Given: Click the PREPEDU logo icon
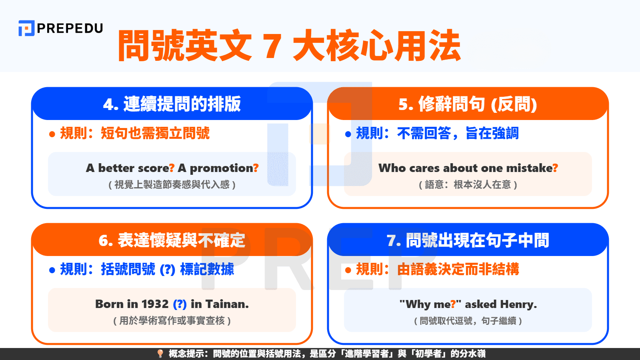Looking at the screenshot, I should pyautogui.click(x=26, y=28).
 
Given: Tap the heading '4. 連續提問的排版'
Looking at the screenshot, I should pyautogui.click(x=172, y=104).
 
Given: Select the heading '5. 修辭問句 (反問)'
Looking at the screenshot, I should pyautogui.click(x=468, y=104).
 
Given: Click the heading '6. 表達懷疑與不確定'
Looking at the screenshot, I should pyautogui.click(x=172, y=240).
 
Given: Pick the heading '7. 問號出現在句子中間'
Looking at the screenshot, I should pyautogui.click(x=468, y=240).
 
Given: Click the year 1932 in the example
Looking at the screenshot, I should pyautogui.click(x=155, y=304).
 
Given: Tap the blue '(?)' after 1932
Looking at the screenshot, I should pyautogui.click(x=180, y=304).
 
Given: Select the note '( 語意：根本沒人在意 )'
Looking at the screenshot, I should pyautogui.click(x=468, y=185).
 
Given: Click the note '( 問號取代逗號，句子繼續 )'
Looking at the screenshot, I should pyautogui.click(x=468, y=321).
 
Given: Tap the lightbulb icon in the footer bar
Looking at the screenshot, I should pyautogui.click(x=160, y=354).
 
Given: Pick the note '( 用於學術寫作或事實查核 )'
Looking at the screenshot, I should pyautogui.click(x=172, y=321).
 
